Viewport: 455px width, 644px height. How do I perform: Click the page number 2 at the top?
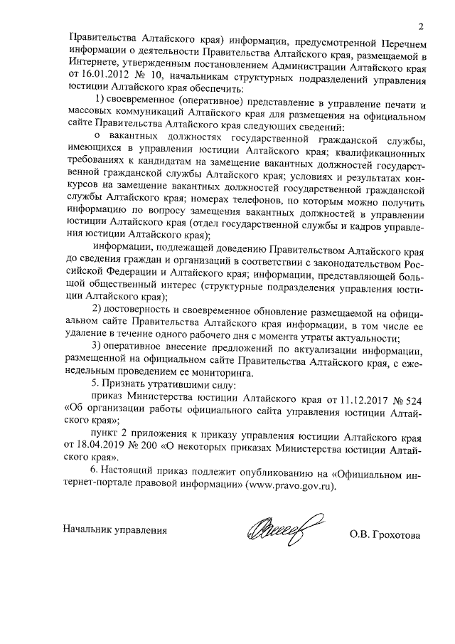tap(421, 27)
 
